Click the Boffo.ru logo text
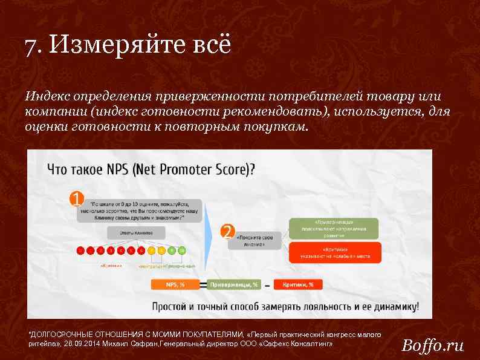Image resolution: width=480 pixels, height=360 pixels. [433, 345]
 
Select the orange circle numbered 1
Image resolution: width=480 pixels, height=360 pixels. [76, 198]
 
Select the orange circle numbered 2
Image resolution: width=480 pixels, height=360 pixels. [227, 231]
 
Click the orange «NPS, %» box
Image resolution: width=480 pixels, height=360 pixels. [175, 284]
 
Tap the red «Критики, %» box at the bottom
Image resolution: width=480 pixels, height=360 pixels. [298, 284]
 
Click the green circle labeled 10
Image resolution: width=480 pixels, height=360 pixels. [182, 249]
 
